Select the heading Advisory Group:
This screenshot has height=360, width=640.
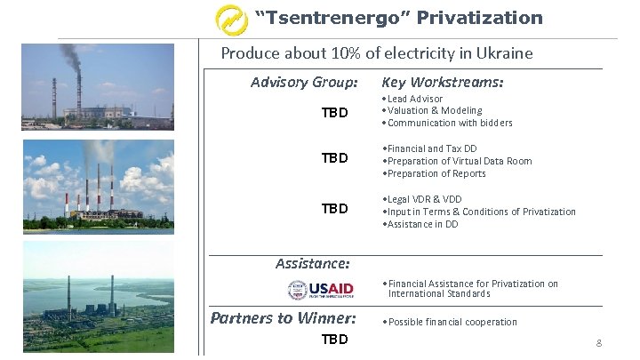304,83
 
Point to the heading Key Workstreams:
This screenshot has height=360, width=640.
442,83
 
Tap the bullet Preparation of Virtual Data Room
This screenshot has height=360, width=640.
459,161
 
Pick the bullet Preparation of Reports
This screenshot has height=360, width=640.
436,173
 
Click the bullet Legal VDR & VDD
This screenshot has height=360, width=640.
424,199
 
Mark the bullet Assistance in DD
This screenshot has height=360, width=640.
422,224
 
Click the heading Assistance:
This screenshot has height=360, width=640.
312,263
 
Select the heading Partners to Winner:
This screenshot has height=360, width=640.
283,318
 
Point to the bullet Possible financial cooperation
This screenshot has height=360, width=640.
452,322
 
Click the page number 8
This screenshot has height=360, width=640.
599,342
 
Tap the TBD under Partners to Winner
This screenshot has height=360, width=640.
334,340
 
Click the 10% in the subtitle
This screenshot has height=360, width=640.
336,53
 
